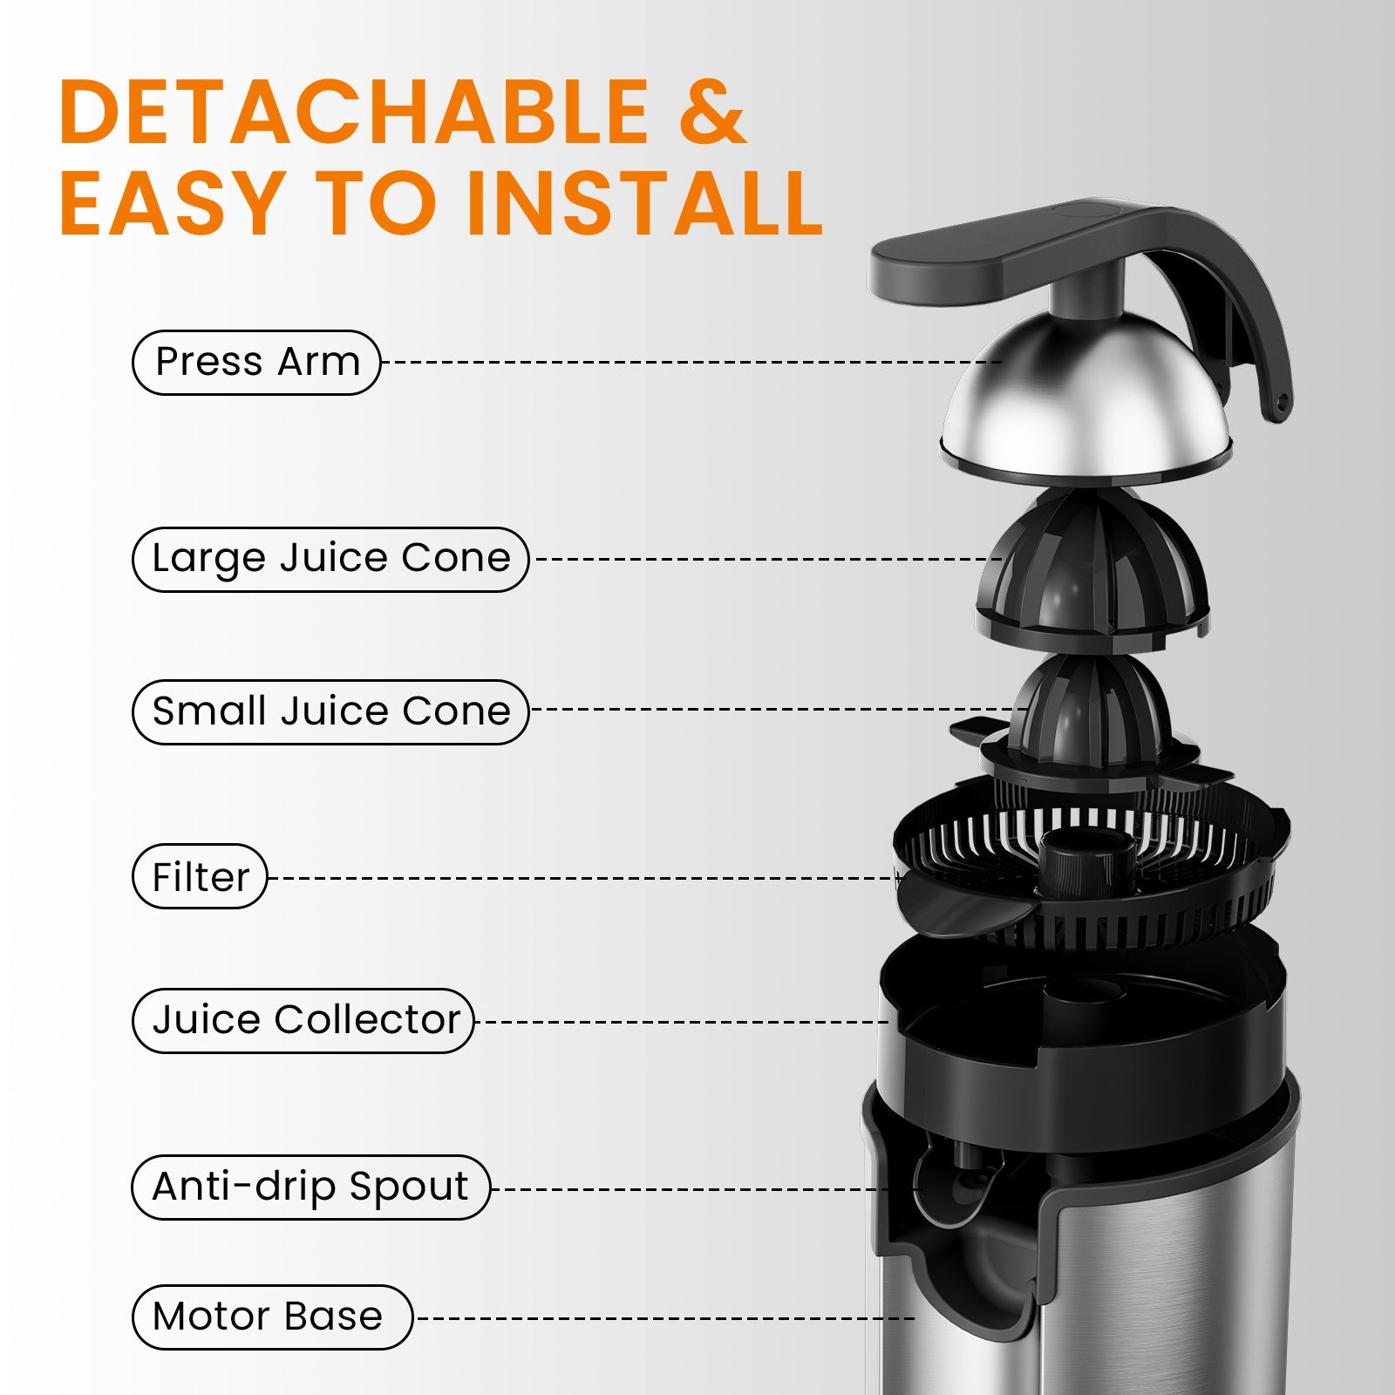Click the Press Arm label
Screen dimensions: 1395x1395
point(256,363)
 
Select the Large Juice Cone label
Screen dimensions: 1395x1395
point(330,560)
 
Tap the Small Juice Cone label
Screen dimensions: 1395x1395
point(330,712)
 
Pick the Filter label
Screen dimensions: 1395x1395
point(200,877)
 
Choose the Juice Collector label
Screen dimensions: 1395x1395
point(303,1021)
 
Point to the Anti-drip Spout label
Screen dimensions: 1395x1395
point(310,1187)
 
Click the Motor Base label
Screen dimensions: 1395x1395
point(270,1317)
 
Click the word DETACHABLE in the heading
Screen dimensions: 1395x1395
point(354,113)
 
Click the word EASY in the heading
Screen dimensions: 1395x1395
point(171,204)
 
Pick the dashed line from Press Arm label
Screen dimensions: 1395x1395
point(689,362)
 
